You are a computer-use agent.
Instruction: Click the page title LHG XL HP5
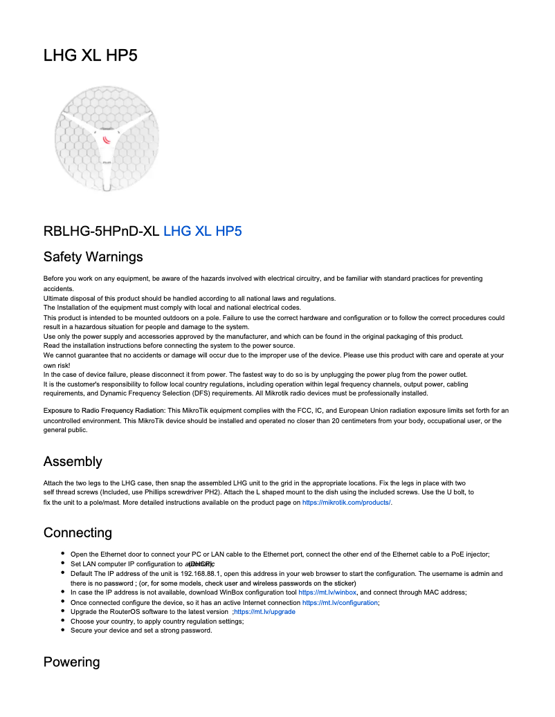(90, 56)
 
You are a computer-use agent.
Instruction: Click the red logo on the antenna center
(107, 140)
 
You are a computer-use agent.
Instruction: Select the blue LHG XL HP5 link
(202, 231)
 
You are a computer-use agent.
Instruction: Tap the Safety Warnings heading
(93, 257)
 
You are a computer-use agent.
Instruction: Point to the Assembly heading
(73, 461)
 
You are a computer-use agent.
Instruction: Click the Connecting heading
(78, 532)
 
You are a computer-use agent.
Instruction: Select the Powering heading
(71, 662)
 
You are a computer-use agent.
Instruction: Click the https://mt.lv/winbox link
(327, 593)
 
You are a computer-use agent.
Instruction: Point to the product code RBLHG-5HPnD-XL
(101, 231)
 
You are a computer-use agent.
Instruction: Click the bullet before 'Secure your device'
(63, 631)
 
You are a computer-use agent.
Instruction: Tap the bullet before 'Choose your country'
(63, 621)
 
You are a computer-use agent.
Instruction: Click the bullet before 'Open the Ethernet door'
(63, 554)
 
